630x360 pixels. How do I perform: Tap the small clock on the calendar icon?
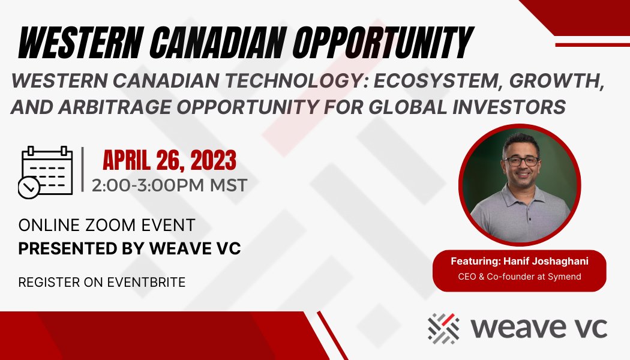click(x=29, y=188)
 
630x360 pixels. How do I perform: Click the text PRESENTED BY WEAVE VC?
click(x=130, y=248)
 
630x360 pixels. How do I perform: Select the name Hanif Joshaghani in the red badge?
click(x=543, y=262)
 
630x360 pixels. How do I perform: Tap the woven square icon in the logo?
click(x=443, y=328)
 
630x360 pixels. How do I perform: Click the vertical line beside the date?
click(x=82, y=170)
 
